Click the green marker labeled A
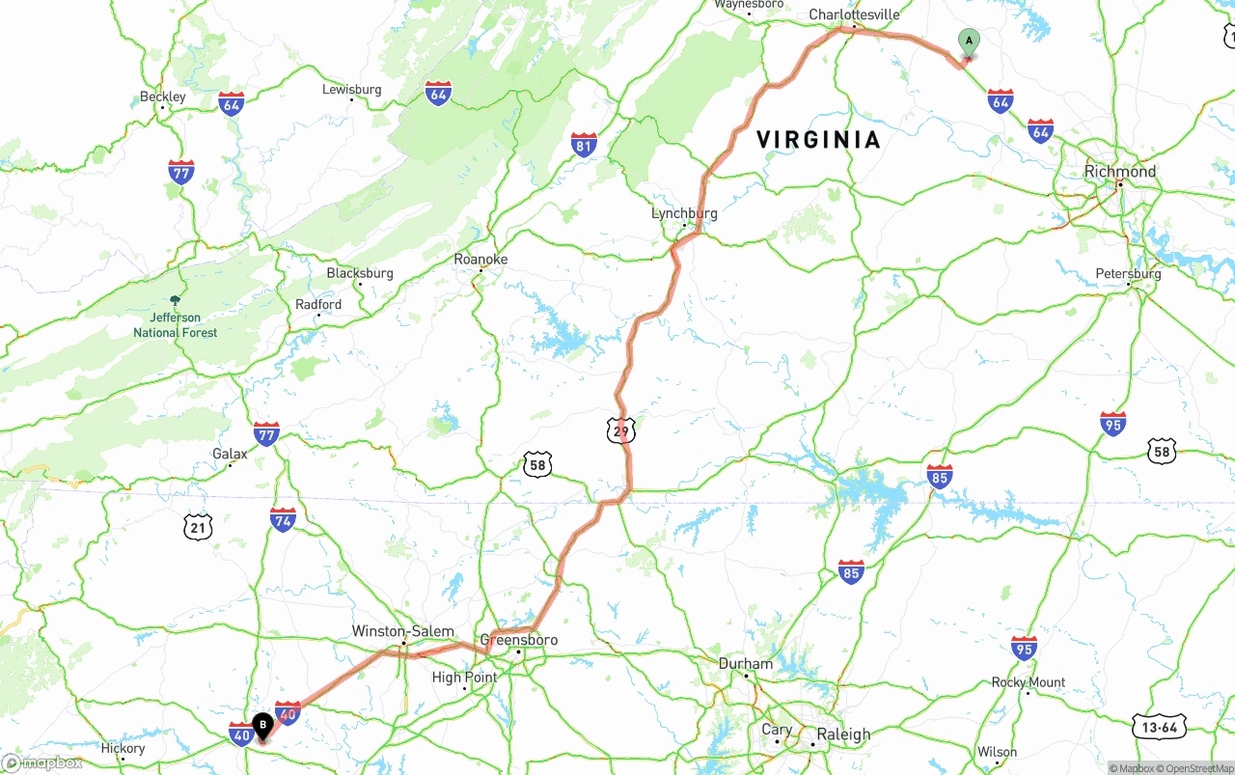(969, 42)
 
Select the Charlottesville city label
(854, 14)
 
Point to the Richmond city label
(1119, 171)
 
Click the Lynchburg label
(684, 213)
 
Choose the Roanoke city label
(480, 259)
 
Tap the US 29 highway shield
(621, 430)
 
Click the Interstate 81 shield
(584, 145)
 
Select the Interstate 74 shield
(283, 519)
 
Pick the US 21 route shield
(198, 526)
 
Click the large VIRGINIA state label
(818, 140)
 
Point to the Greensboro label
(519, 640)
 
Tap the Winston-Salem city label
(402, 631)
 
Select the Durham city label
(745, 663)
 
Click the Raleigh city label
(843, 734)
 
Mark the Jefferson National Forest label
(176, 324)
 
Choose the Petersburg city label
(1128, 274)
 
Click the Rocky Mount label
(1029, 682)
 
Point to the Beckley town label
(163, 97)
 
